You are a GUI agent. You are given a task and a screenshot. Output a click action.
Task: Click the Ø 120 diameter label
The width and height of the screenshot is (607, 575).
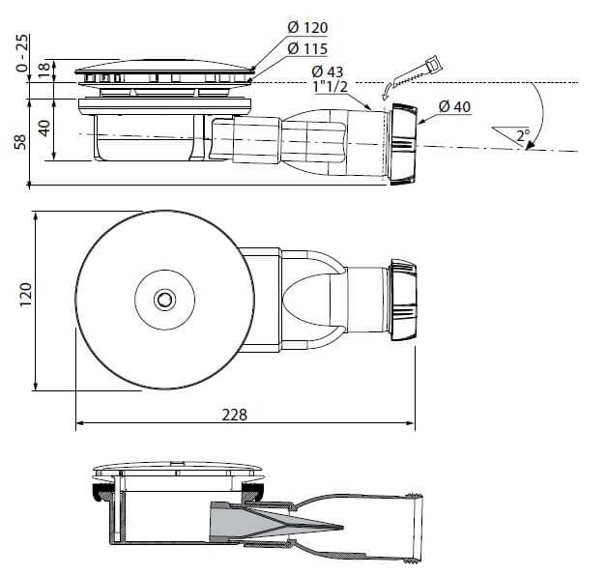[307, 27]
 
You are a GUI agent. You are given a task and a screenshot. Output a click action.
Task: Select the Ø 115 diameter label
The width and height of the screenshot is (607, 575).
[307, 48]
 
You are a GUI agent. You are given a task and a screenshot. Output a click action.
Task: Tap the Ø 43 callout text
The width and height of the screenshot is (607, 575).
[327, 72]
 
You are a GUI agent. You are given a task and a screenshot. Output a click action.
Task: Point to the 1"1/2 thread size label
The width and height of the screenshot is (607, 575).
[331, 86]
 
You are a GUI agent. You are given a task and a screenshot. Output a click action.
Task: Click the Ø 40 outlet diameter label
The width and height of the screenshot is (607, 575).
[455, 106]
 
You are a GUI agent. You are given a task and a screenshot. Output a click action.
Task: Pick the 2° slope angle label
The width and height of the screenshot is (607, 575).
[523, 135]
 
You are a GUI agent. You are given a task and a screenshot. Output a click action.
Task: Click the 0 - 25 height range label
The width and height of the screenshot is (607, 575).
[22, 53]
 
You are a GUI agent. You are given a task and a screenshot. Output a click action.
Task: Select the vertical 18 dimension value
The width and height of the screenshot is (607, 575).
[44, 69]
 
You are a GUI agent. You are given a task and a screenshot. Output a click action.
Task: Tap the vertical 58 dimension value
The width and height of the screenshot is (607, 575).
[19, 142]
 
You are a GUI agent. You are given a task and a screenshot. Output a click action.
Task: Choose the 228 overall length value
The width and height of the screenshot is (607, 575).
[234, 415]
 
